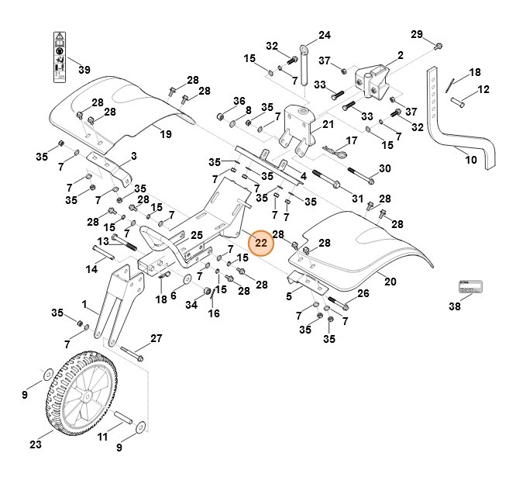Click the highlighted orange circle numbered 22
tap(261, 243)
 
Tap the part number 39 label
tap(84, 71)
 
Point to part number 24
tap(324, 36)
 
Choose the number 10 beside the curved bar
tap(470, 161)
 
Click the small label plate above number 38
tap(470, 288)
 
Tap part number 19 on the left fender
tap(165, 134)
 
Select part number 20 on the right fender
tap(390, 282)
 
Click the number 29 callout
tap(416, 34)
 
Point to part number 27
tap(156, 338)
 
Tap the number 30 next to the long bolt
tap(384, 168)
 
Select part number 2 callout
tap(401, 55)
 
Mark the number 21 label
tap(328, 124)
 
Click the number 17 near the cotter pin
tap(351, 141)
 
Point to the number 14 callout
tap(91, 269)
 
